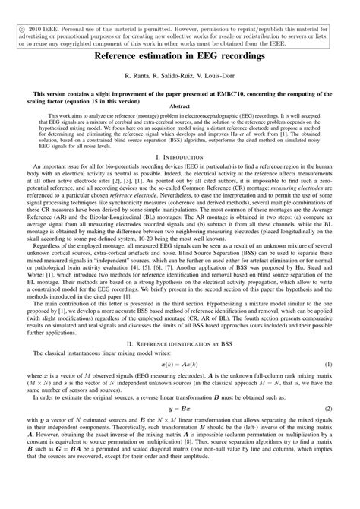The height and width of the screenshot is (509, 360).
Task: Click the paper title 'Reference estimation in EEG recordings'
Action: [179, 57]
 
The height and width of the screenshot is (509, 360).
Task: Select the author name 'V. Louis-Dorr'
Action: [222, 77]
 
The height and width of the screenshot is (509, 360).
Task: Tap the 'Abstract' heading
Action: [179, 107]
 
